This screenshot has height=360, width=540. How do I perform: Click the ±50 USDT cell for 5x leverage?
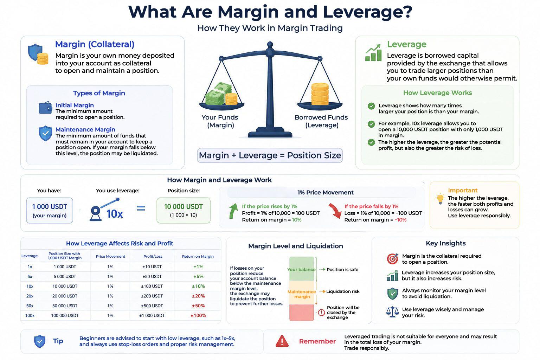point(152,277)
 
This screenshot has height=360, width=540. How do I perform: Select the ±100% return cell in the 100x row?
point(198,315)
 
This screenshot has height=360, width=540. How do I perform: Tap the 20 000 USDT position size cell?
point(65,296)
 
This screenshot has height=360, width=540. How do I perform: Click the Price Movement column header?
point(110,256)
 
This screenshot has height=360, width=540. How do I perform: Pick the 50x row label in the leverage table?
point(30,306)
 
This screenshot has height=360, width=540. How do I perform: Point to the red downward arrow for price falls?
point(335,211)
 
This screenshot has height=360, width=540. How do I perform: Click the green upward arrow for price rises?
point(233,211)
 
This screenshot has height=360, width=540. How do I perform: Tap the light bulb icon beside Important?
point(440,199)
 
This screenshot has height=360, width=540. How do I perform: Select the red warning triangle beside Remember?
point(282,341)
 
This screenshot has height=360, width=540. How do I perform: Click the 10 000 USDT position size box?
point(184,210)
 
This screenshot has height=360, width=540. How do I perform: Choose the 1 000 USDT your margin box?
point(50,210)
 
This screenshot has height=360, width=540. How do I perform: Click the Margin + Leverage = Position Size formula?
point(270,155)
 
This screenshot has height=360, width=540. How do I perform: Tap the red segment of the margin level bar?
point(302,313)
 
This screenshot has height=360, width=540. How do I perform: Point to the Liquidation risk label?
point(342,291)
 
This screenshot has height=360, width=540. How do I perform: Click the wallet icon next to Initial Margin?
point(46,108)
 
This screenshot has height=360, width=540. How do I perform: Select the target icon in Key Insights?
point(392,259)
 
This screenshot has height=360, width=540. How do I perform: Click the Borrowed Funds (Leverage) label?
point(321,121)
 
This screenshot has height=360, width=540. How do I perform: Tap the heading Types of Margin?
point(99,93)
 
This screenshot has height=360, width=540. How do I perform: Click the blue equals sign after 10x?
point(141,208)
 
